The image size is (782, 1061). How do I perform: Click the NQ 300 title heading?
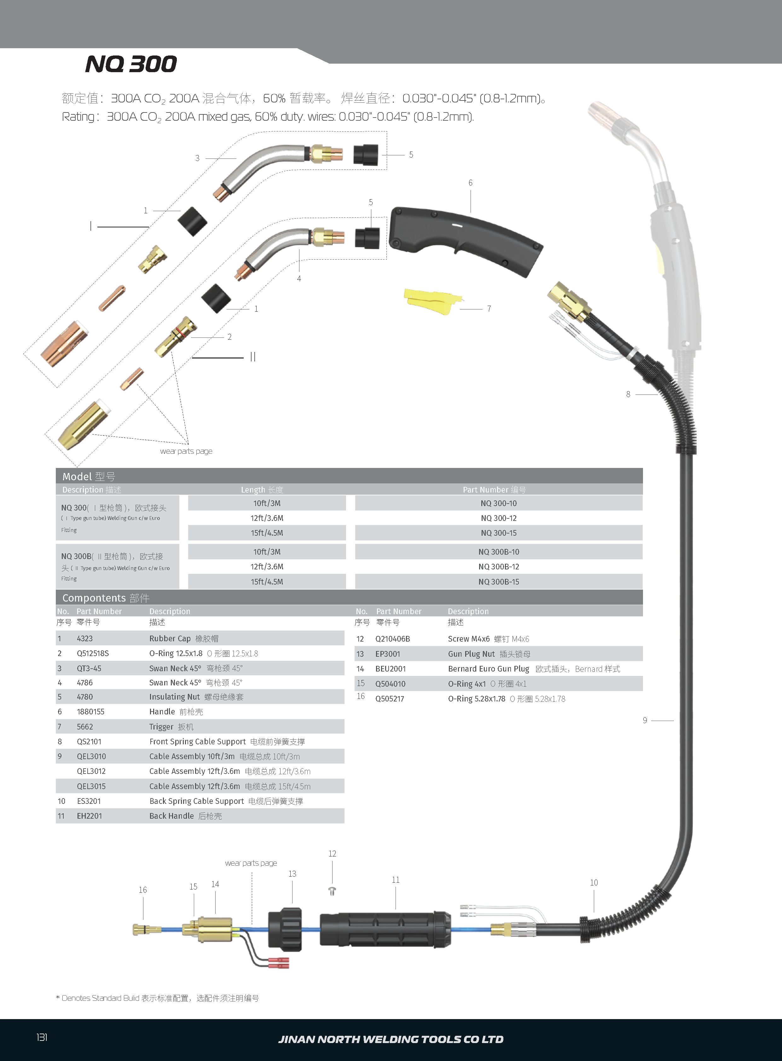tap(131, 64)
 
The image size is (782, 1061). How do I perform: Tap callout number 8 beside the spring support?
tap(628, 394)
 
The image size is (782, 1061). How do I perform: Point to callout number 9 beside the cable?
tap(645, 720)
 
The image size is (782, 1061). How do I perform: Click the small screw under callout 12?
tap(332, 891)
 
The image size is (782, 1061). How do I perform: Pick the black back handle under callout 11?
tap(385, 930)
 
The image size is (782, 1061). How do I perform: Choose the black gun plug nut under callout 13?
tap(285, 929)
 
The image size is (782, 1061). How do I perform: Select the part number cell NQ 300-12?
tap(498, 518)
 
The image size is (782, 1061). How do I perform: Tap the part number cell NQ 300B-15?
tap(498, 582)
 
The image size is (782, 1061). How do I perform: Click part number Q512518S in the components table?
tap(93, 654)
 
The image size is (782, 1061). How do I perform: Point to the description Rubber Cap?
tap(170, 638)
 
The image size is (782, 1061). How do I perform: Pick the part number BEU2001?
tap(391, 669)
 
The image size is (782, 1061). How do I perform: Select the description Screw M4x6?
tap(469, 639)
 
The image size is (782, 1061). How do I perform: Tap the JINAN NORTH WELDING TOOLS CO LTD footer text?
tap(391, 1039)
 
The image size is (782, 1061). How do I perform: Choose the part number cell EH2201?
tap(90, 816)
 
